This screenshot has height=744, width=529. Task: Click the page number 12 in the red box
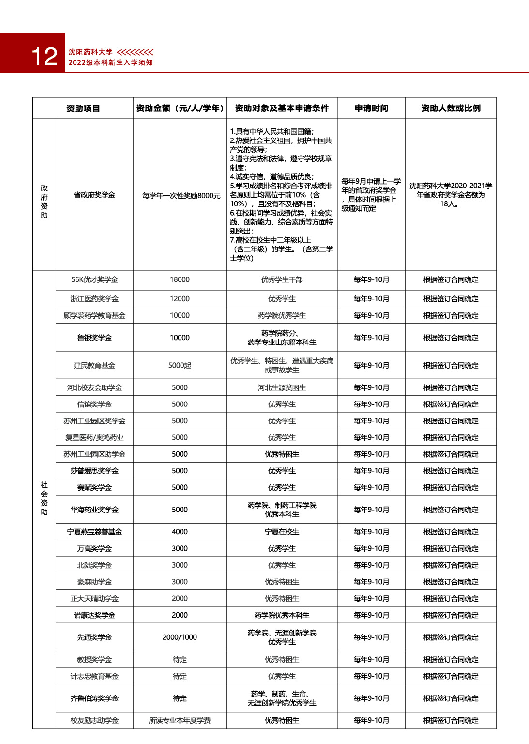[x=44, y=57]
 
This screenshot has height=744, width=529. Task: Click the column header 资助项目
[x=83, y=108]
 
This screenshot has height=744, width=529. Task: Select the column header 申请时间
[x=371, y=108]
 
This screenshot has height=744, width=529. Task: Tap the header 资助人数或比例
[x=451, y=108]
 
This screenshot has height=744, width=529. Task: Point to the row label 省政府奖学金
[x=94, y=195]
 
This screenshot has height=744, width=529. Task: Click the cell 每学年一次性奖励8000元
[x=181, y=196]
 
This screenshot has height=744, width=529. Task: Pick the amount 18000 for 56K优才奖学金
[x=180, y=279]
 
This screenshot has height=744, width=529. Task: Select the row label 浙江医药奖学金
[x=94, y=299]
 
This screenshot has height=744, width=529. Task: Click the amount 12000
[x=180, y=299]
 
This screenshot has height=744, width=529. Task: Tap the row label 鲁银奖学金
[x=94, y=338]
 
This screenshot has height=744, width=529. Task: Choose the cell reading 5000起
[x=180, y=365]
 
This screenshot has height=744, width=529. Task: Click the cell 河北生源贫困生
[x=282, y=387]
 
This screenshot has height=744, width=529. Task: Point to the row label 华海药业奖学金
[x=94, y=510]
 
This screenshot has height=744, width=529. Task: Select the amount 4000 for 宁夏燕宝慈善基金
[x=180, y=532]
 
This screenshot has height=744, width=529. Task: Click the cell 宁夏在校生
[x=282, y=532]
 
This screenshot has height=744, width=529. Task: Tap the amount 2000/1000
[x=180, y=637]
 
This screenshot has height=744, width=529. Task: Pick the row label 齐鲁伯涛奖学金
[x=94, y=698]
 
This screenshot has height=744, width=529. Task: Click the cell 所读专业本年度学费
[x=180, y=721]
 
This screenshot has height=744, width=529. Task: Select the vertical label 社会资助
[x=44, y=498]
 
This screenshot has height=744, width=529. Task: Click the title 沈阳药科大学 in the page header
[x=91, y=52]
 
